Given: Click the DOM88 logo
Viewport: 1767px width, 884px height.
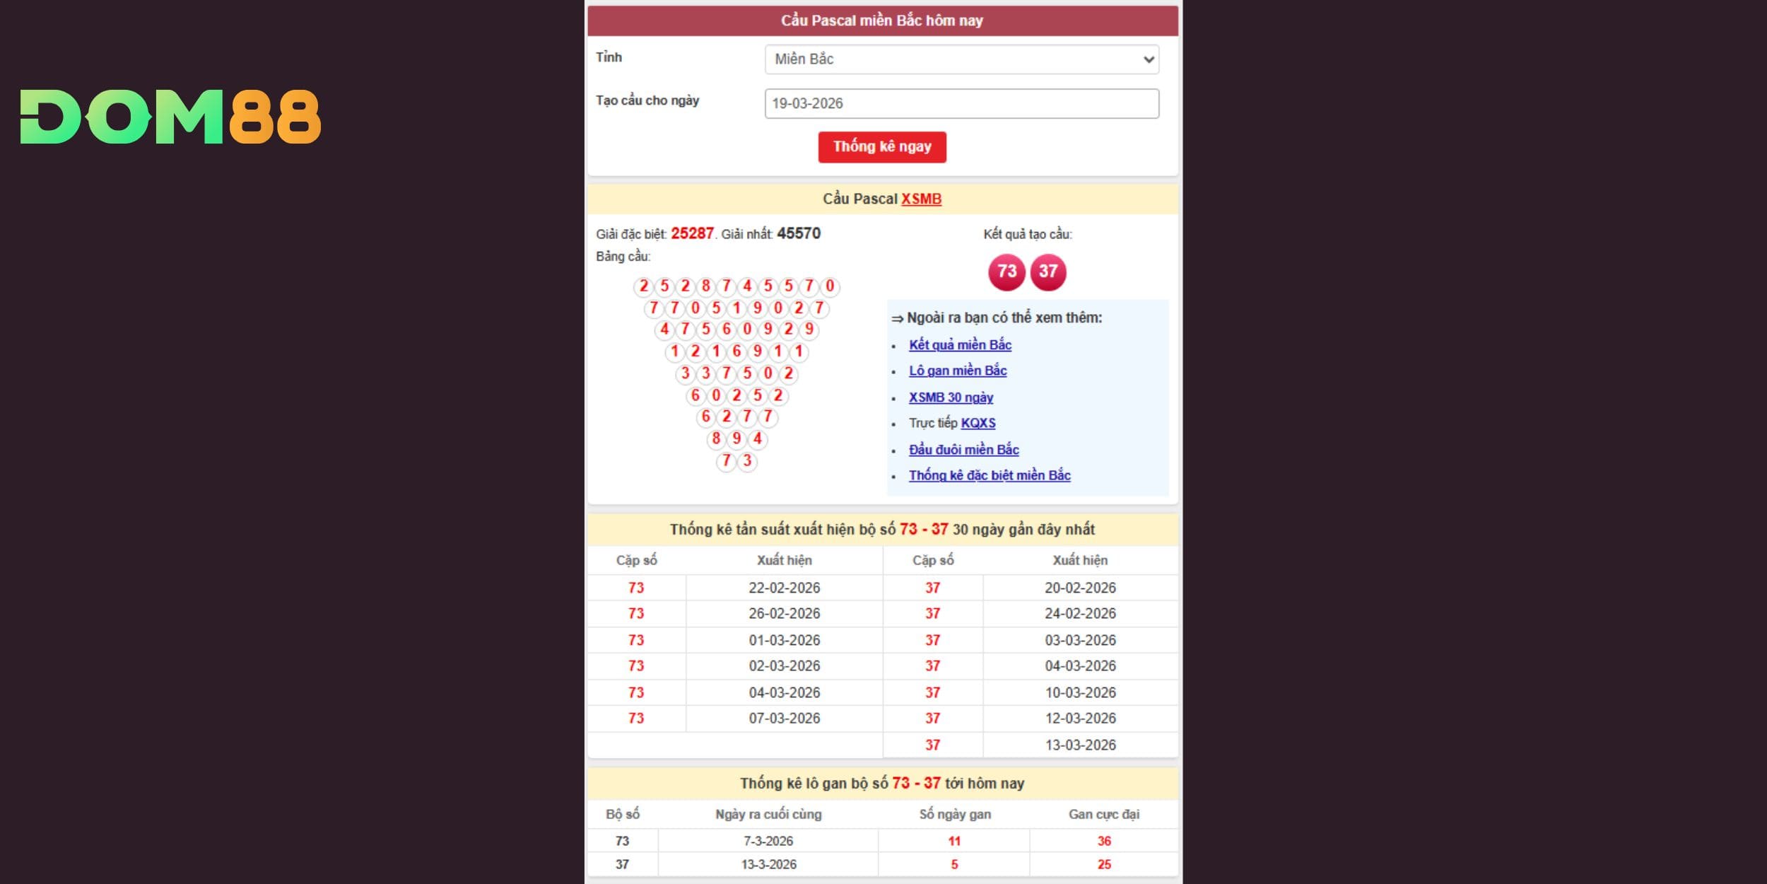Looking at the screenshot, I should click(170, 117).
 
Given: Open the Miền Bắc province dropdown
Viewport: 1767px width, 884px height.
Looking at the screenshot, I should click(961, 59).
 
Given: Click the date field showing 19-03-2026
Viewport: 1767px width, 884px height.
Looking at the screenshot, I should click(961, 103).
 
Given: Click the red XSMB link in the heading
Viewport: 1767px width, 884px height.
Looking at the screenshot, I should click(921, 199).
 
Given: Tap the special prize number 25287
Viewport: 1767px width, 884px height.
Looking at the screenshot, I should click(692, 233).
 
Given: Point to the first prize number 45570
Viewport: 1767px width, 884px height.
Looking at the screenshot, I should click(799, 233).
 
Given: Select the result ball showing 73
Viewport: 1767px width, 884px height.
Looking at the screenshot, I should click(1006, 272).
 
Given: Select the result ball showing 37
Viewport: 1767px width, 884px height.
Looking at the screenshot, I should click(1048, 272).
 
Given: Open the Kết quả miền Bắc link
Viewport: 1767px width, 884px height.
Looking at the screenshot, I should click(960, 345).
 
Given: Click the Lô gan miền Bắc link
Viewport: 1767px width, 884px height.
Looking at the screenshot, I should click(958, 371).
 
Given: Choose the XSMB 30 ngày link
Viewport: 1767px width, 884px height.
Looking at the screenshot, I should click(951, 397).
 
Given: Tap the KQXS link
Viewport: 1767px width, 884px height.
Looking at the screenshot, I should click(978, 423).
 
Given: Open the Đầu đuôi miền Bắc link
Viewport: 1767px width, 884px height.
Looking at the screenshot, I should click(963, 450).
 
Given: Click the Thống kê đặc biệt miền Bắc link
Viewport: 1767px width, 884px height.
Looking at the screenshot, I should click(990, 475).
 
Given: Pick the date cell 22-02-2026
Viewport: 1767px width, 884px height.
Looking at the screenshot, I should click(785, 588).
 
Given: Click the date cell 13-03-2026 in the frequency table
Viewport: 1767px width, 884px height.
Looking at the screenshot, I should click(1080, 745).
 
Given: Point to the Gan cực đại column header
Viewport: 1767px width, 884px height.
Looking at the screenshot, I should click(1103, 814).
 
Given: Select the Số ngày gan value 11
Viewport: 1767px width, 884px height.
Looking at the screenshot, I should click(954, 841).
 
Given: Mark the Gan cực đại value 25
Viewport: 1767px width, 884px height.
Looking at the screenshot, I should click(1104, 864).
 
